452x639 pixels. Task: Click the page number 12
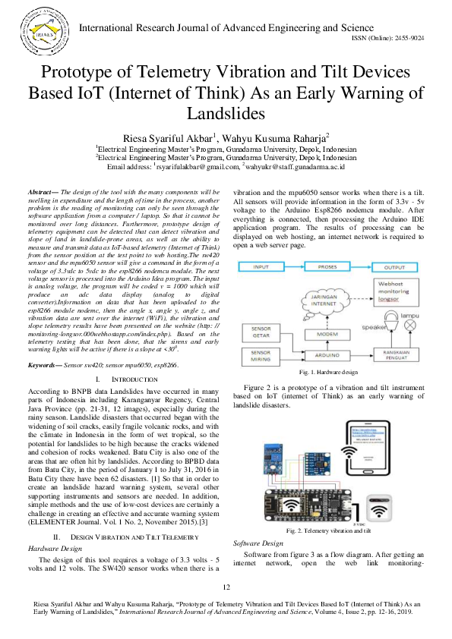(x=226, y=587)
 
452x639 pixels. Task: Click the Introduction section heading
(x=122, y=399)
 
